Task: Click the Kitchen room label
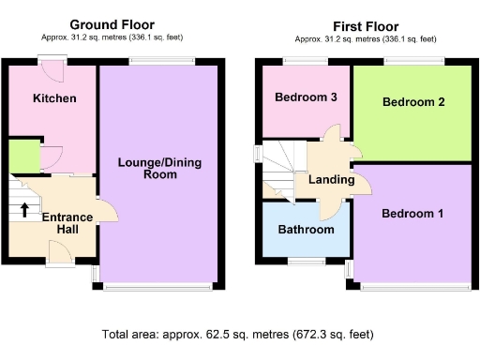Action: tap(53, 98)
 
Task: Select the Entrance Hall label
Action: tap(67, 224)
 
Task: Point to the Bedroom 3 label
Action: tap(306, 97)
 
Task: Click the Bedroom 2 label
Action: tap(412, 103)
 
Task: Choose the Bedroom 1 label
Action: tap(412, 214)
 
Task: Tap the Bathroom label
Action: tap(306, 230)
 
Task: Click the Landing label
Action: tap(331, 180)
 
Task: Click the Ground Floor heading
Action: tap(112, 24)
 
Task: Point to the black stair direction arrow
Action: tap(23, 209)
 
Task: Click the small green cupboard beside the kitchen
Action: tap(22, 157)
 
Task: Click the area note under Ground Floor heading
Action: tap(113, 37)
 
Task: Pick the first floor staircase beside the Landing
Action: tap(277, 169)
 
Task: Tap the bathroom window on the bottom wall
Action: tap(306, 260)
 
